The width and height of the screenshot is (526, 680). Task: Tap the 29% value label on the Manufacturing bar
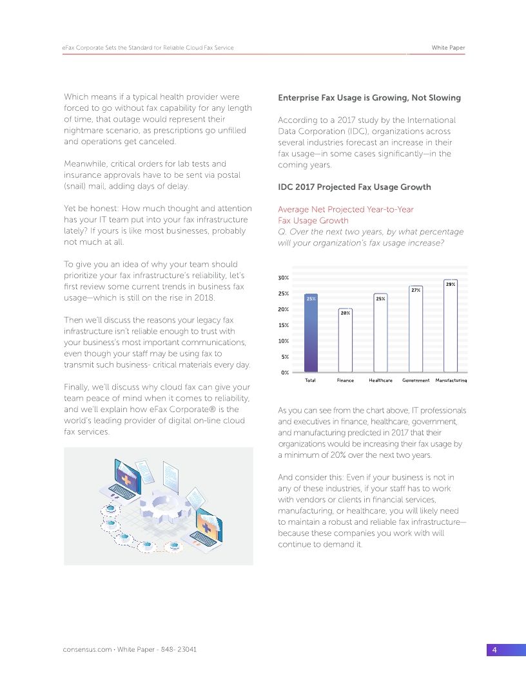[451, 284]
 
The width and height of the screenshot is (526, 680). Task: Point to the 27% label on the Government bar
[416, 290]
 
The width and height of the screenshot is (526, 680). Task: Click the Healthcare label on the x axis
[380, 381]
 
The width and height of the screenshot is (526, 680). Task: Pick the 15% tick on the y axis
[283, 325]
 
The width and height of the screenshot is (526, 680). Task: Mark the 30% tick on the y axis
[283, 278]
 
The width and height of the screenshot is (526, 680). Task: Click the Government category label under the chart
[416, 381]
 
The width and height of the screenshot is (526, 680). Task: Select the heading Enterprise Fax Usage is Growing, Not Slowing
[369, 98]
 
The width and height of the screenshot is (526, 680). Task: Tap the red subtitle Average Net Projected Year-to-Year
[346, 209]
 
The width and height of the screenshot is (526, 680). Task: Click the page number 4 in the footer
[494, 650]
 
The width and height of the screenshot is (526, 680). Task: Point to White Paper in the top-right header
[448, 48]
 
